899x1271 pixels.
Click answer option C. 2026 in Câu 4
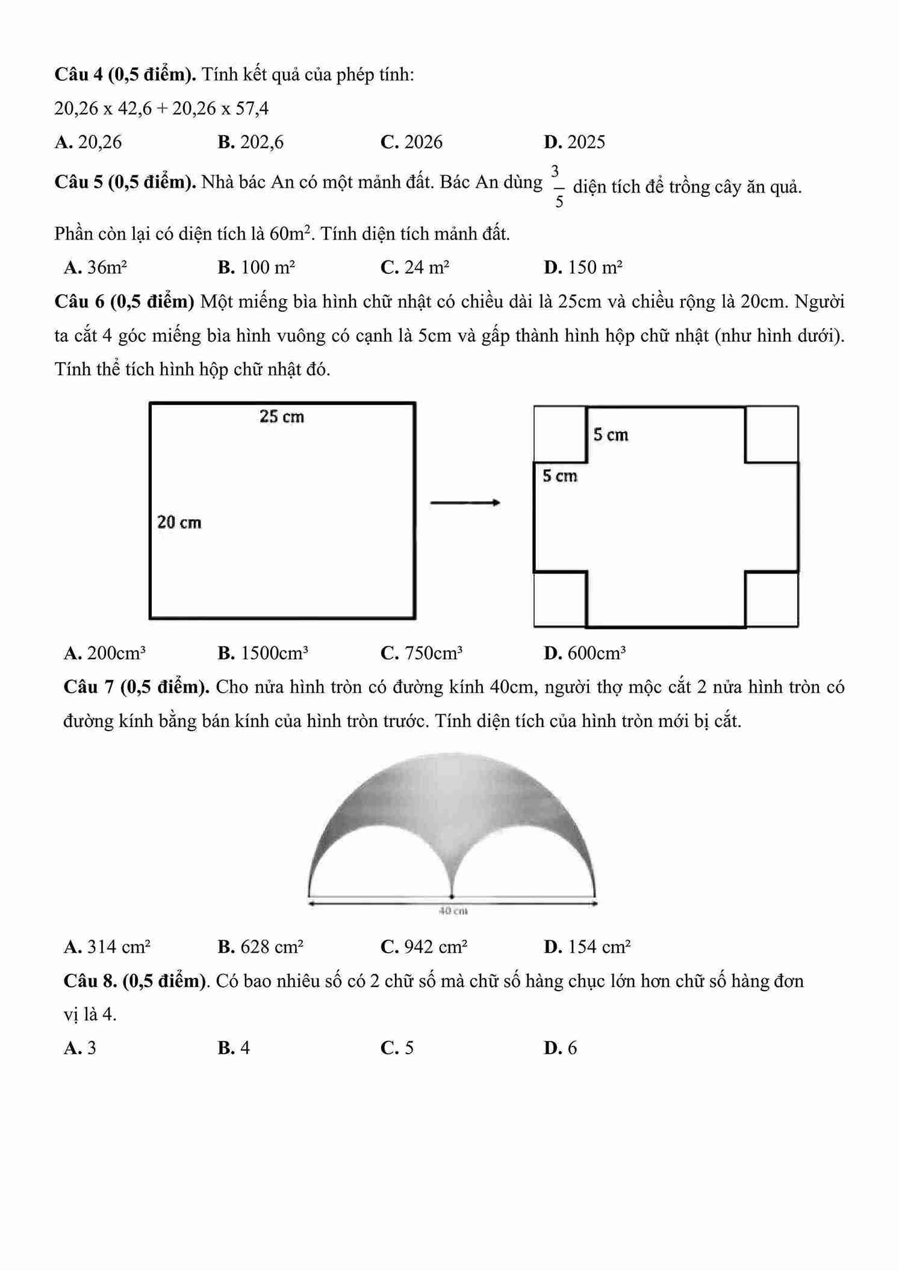tap(411, 142)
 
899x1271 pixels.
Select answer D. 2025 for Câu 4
tap(574, 142)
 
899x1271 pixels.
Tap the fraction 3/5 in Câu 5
tap(559, 186)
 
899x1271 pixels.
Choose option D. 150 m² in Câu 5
tap(583, 267)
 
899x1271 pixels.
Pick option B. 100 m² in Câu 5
tap(257, 267)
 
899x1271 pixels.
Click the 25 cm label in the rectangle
tap(282, 416)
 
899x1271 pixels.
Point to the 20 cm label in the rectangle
tap(179, 522)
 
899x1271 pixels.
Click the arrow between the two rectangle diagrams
tap(465, 503)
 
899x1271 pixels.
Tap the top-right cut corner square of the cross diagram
tap(771, 434)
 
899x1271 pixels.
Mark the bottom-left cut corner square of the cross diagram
tap(560, 599)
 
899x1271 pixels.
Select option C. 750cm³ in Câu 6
tap(422, 653)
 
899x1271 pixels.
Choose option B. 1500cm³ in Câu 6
tap(263, 653)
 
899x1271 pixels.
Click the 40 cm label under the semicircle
tap(453, 911)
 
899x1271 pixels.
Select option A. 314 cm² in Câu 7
tap(107, 947)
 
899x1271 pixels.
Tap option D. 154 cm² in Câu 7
tap(587, 947)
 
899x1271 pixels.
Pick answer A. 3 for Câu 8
tap(80, 1048)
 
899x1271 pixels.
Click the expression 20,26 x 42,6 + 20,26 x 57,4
tap(161, 109)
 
